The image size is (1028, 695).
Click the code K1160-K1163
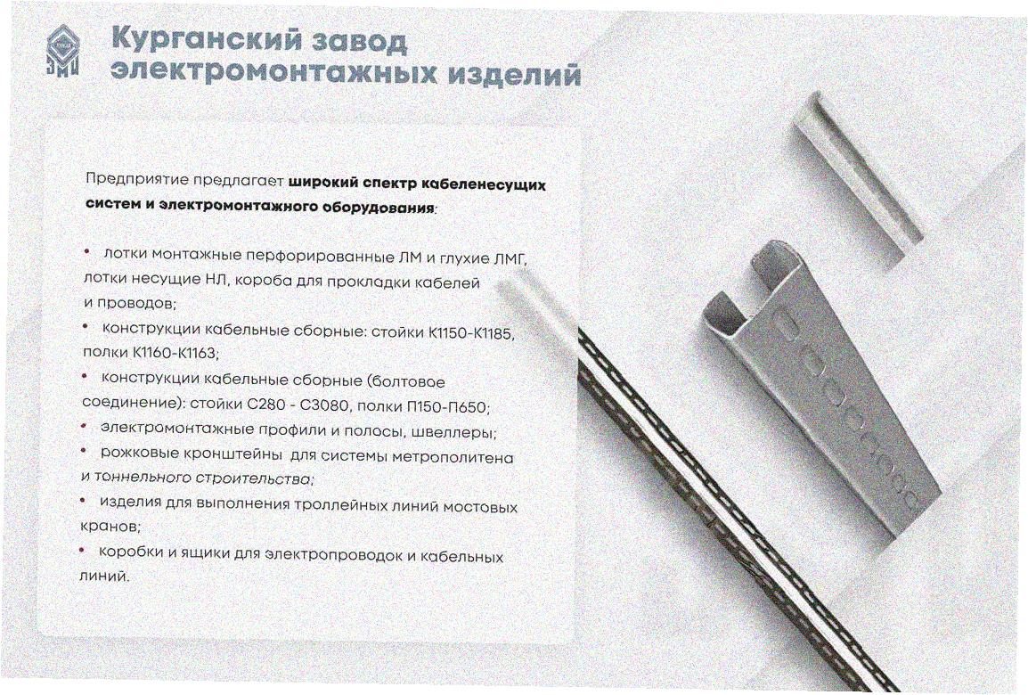coord(175,353)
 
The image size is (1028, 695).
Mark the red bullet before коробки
coord(81,550)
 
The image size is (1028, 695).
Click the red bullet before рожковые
coord(84,451)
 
